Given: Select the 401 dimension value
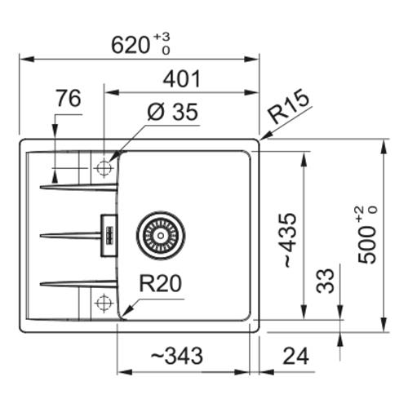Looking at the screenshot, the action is [x=182, y=79].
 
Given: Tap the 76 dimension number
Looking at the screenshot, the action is [x=69, y=98].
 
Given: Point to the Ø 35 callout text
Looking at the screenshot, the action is [x=172, y=112].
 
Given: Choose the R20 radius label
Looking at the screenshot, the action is [x=160, y=283].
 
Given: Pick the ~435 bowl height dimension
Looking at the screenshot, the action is [x=290, y=240].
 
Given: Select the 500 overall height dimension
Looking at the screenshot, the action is [x=367, y=234].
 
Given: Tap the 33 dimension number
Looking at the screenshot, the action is [x=325, y=281].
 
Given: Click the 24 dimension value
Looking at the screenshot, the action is [x=295, y=356].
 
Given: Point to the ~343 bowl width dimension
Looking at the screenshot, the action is [x=177, y=356].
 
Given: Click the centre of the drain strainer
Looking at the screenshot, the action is [x=161, y=235].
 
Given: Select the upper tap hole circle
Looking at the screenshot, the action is [x=104, y=168].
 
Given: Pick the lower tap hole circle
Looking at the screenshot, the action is [x=104, y=302].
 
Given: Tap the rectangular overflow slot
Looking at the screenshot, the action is [x=109, y=235].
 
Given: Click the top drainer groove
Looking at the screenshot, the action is [x=79, y=187].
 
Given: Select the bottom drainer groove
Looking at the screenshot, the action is [x=79, y=284].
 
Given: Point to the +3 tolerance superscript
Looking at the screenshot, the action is [x=162, y=37].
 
